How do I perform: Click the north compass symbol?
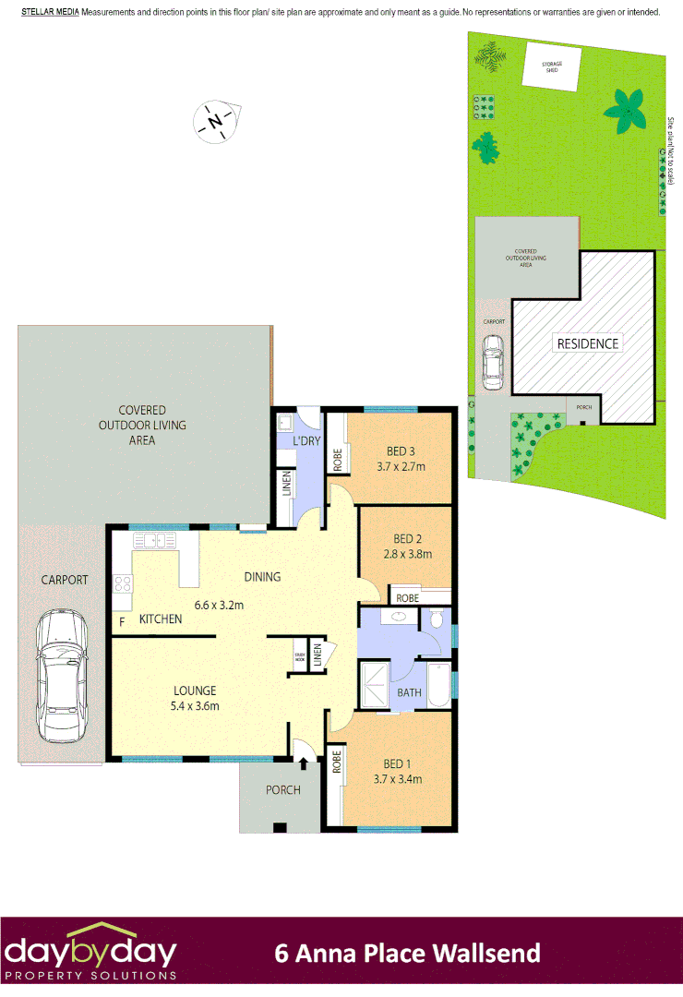[x=216, y=121]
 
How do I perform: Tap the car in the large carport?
[x=61, y=677]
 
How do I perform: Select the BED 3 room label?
[x=401, y=451]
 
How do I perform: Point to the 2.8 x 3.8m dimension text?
[x=407, y=555]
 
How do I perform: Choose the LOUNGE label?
[x=194, y=691]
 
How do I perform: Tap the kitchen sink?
[x=158, y=542]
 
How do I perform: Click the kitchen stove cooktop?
[x=122, y=583]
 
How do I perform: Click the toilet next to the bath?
[x=437, y=618]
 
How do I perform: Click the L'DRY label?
[x=305, y=442]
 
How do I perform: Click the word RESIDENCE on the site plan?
[x=587, y=343]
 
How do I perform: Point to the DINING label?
[x=262, y=577]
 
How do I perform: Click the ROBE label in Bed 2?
[x=406, y=597]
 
